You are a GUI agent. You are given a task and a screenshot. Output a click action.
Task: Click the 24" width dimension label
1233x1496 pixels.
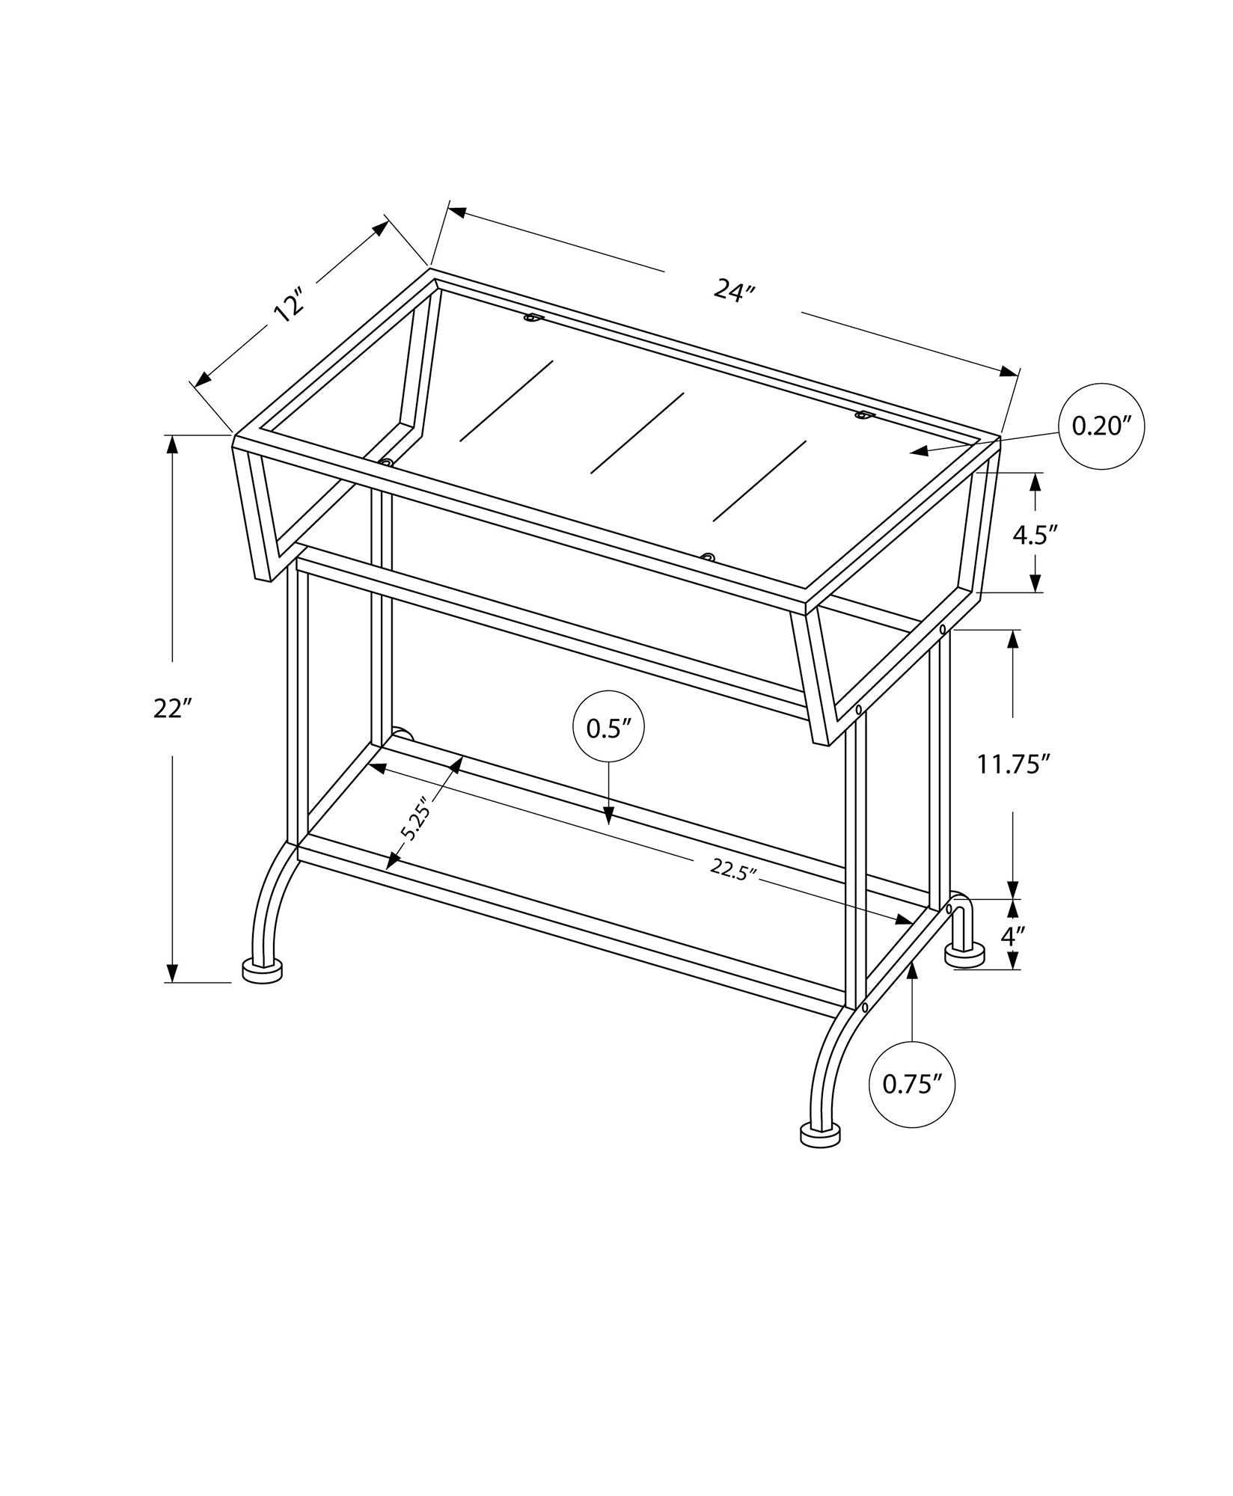[732, 290]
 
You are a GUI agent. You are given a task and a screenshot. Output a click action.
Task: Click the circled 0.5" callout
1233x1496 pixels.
[608, 728]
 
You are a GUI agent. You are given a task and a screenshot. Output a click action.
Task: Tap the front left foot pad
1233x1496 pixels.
[263, 971]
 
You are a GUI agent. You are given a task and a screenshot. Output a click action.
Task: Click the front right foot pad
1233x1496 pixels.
[821, 1155]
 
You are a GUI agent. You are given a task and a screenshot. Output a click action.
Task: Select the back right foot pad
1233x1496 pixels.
[964, 955]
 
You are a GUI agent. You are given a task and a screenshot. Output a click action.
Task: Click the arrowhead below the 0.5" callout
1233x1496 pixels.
[608, 816]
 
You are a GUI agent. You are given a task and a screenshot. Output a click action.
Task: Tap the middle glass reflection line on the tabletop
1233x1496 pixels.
[637, 434]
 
